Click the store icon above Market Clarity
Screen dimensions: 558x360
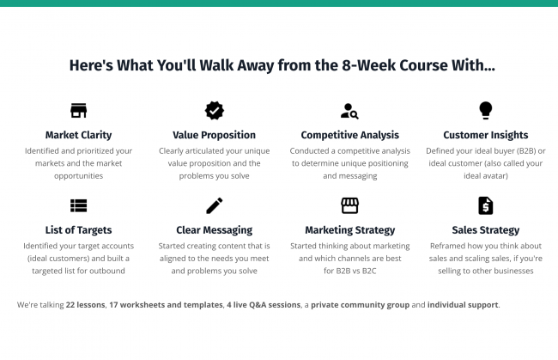click(78, 110)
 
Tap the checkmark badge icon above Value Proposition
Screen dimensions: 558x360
click(215, 110)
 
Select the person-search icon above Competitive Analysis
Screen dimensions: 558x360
click(349, 111)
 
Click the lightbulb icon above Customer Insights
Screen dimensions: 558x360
click(485, 110)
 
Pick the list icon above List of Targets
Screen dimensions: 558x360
click(78, 205)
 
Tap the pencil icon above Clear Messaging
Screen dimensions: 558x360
click(215, 205)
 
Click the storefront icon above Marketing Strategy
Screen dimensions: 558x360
click(349, 205)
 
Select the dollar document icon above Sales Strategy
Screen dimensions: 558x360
click(485, 205)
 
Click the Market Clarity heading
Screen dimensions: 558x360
click(78, 135)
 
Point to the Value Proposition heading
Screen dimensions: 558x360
click(215, 135)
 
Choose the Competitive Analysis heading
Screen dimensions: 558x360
click(349, 135)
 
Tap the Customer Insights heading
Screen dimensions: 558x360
click(485, 135)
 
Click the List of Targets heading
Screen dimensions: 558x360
click(78, 230)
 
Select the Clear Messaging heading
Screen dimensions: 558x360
click(215, 230)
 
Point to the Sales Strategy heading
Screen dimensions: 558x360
click(485, 230)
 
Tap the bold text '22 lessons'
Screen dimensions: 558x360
click(85, 305)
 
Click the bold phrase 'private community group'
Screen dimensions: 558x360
click(361, 305)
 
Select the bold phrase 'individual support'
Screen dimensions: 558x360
click(463, 305)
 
